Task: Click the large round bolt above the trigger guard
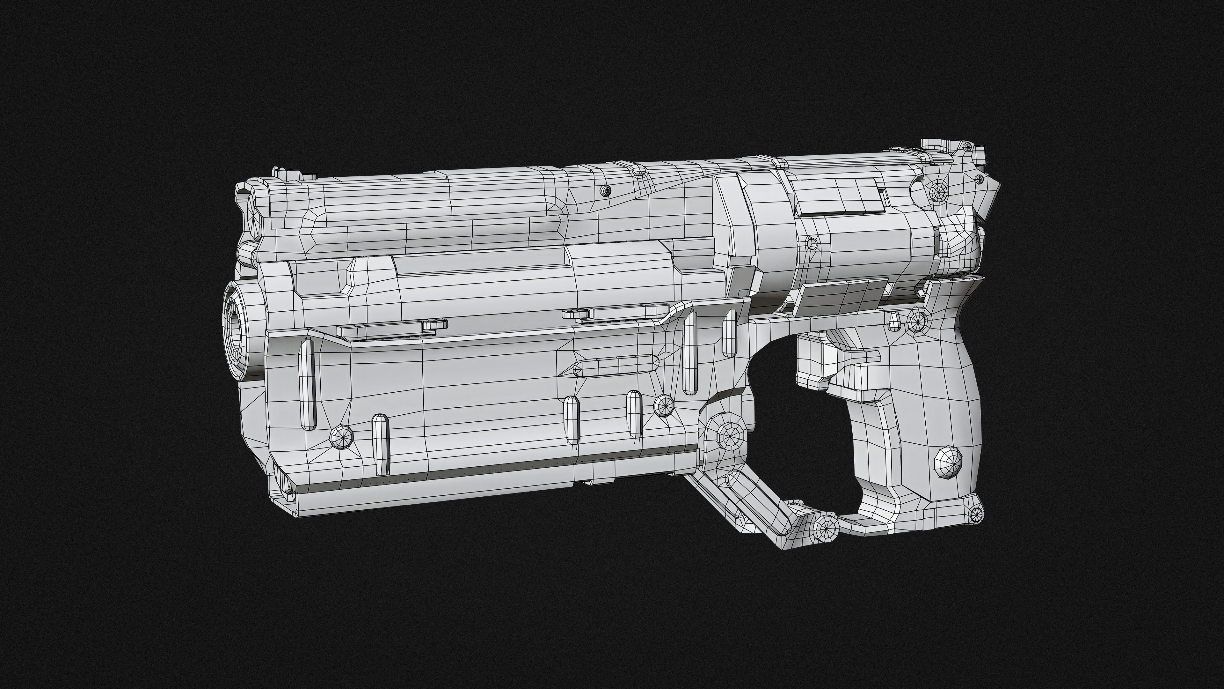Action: pyautogui.click(x=728, y=435)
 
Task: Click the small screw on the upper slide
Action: pyautogui.click(x=605, y=191)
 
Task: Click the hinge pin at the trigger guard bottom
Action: pyautogui.click(x=826, y=527)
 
